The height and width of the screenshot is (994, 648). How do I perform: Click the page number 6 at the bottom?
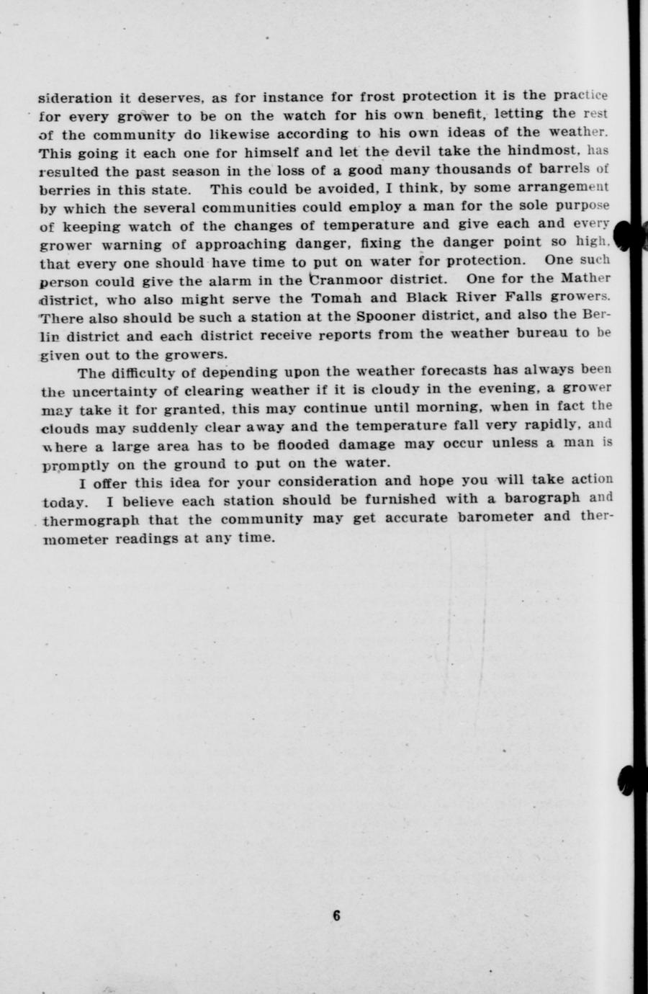coord(336,915)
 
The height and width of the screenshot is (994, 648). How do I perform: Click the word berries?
coord(63,189)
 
